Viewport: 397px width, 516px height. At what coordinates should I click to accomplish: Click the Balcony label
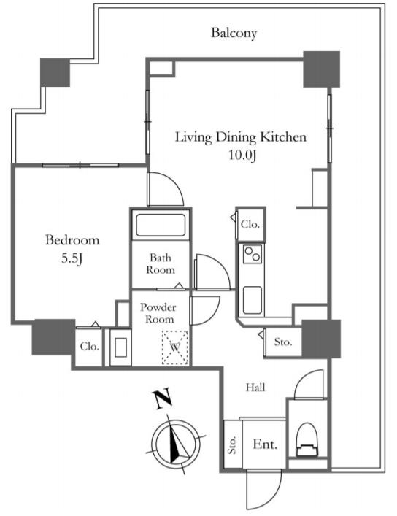(234, 33)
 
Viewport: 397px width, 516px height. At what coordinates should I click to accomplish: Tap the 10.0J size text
(242, 155)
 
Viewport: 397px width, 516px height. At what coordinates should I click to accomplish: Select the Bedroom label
(72, 240)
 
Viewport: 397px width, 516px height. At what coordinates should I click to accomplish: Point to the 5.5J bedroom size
(72, 258)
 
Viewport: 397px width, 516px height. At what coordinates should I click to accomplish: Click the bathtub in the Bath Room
(161, 225)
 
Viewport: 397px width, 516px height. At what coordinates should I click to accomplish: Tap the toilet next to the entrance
(307, 440)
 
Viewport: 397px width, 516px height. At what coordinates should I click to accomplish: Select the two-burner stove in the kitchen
(253, 254)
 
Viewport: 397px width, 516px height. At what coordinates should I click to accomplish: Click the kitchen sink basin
(253, 300)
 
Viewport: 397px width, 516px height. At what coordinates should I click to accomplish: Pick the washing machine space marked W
(175, 347)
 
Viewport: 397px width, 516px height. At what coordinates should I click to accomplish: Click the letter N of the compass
(161, 398)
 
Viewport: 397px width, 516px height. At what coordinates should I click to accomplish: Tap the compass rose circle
(176, 442)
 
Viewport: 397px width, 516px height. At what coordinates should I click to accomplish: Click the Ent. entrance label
(265, 444)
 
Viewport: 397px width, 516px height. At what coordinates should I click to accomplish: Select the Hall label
(255, 388)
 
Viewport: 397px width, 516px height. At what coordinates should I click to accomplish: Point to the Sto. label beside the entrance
(232, 445)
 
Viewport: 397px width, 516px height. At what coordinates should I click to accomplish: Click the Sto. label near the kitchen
(283, 342)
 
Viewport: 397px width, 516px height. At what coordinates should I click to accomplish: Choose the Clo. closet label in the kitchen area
(250, 224)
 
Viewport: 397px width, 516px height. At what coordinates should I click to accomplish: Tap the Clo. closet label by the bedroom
(89, 346)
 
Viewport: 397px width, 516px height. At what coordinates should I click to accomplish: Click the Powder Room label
(158, 313)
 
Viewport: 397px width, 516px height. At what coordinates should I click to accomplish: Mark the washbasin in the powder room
(120, 347)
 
